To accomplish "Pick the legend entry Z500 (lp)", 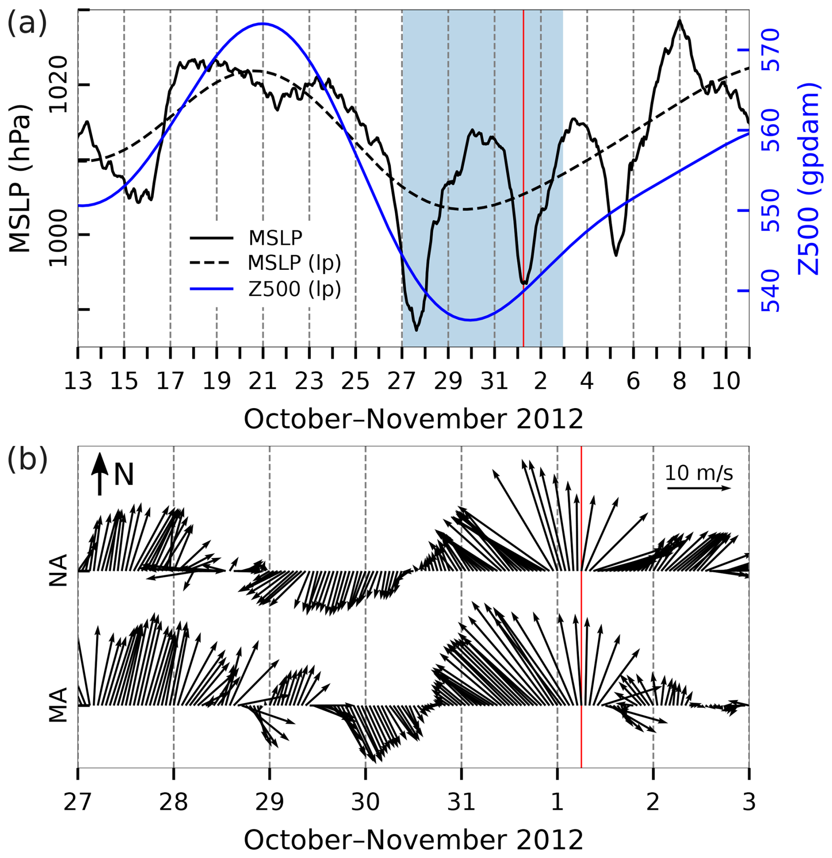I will (x=294, y=289).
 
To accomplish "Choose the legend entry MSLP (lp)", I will (x=294, y=263).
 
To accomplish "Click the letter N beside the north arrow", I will (x=124, y=475).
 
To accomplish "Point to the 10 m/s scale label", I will (x=699, y=473).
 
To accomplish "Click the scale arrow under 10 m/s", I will (x=699, y=488).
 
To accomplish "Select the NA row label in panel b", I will (x=58, y=571).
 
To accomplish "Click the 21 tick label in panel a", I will (x=263, y=381).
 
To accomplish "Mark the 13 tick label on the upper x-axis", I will (x=78, y=381).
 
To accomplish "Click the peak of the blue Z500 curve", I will (x=263, y=24).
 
